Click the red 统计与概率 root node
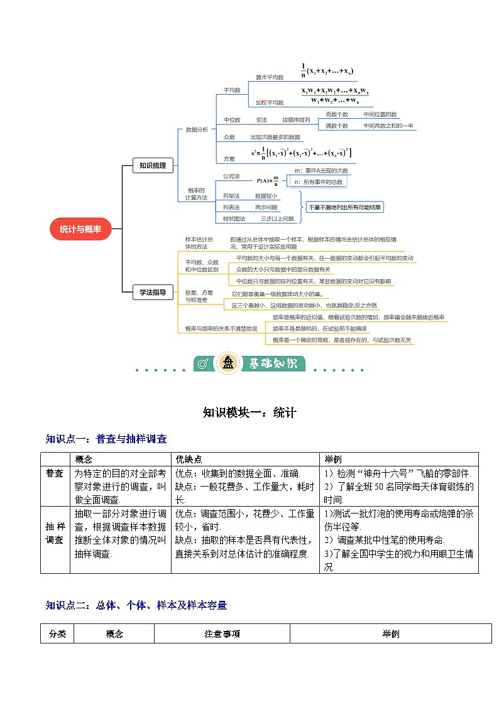pos(80,229)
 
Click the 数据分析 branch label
pos(197,129)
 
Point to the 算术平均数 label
pos(270,77)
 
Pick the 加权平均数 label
pos(270,102)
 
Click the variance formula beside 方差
pos(301,153)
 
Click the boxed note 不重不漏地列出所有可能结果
pos(344,207)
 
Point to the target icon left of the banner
pos(202,363)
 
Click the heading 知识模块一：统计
pos(249,412)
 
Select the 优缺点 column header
pos(189,459)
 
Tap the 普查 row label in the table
pos(55,473)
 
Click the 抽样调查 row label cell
pos(55,533)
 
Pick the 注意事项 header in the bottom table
pos(222,634)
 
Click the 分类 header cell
pos(57,634)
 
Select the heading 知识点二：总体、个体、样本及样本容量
pos(136,605)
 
